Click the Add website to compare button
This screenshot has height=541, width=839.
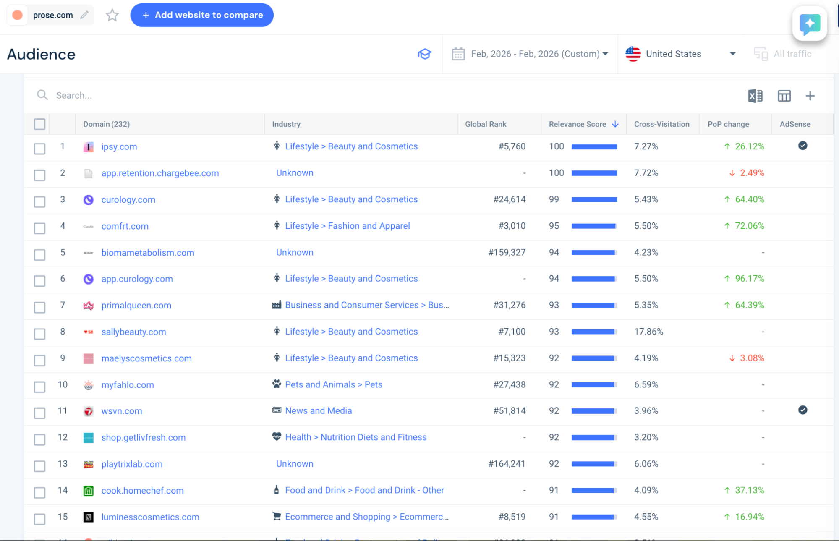coord(202,15)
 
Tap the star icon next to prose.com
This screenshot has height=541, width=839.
coord(112,16)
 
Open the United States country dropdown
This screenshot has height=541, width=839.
coord(680,54)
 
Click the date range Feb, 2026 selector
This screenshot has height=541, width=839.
coord(530,54)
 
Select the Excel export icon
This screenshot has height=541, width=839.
coord(755,96)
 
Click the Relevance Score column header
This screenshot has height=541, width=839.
coord(578,124)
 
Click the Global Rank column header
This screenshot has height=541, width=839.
coord(486,124)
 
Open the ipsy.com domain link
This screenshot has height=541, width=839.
coord(119,147)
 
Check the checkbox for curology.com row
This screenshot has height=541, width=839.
coord(39,201)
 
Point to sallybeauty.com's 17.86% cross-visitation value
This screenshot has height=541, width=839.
coord(648,332)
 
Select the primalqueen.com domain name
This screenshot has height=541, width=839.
coord(136,306)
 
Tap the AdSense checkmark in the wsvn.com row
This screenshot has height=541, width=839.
coord(802,410)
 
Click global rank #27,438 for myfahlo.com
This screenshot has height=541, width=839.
coord(510,384)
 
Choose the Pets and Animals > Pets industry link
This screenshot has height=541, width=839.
coord(334,384)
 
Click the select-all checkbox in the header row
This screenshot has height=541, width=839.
coord(39,124)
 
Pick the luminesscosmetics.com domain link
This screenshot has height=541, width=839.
coord(150,517)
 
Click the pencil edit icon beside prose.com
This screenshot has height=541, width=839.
coord(84,15)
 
